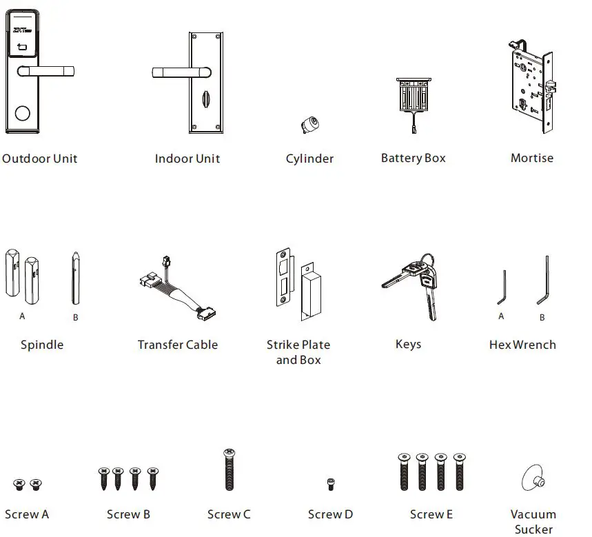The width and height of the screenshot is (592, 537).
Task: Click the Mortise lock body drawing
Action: tap(530, 86)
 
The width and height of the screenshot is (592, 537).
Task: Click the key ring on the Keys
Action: tap(429, 262)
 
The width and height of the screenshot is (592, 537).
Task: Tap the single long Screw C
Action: tap(229, 472)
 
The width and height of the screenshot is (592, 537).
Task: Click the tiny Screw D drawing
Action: tap(330, 484)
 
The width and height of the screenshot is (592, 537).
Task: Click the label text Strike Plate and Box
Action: tap(298, 352)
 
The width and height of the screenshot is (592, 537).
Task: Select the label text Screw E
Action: tap(431, 514)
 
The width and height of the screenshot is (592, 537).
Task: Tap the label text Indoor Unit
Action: tap(187, 159)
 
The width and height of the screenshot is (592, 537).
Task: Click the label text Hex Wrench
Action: tap(522, 345)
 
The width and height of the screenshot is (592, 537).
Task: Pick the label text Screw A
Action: tap(27, 514)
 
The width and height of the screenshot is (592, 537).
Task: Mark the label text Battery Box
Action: tap(414, 158)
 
